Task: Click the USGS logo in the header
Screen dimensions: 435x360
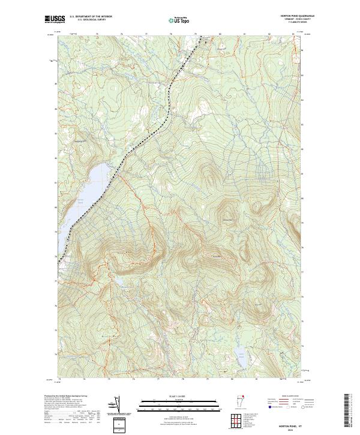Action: tap(54, 19)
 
